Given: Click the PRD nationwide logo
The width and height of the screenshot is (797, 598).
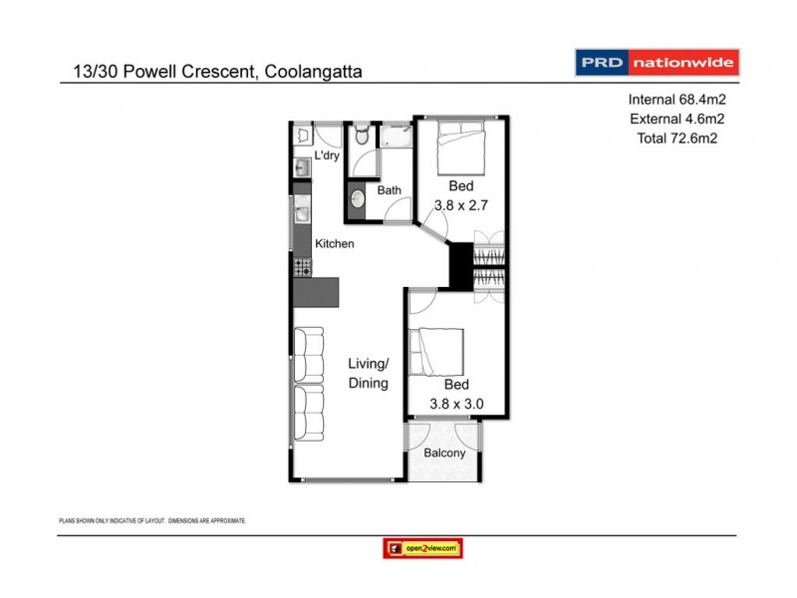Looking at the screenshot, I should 658,62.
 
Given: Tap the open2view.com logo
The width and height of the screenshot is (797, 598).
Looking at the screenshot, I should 422,548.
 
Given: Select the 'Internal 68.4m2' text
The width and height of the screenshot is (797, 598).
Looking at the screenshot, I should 674,100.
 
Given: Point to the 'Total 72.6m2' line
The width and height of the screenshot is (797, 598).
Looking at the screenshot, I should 677,139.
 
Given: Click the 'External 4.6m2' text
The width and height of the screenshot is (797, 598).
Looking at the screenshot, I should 674,120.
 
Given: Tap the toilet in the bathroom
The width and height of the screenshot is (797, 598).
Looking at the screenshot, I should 362,135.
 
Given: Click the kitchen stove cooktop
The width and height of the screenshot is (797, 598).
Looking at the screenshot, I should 302,266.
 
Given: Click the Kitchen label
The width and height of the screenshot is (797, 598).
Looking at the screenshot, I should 334,243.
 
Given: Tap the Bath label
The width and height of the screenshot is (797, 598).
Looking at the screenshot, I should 389,189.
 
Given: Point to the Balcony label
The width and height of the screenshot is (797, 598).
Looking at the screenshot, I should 444,452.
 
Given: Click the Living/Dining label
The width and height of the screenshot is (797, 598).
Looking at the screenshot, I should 368,374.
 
